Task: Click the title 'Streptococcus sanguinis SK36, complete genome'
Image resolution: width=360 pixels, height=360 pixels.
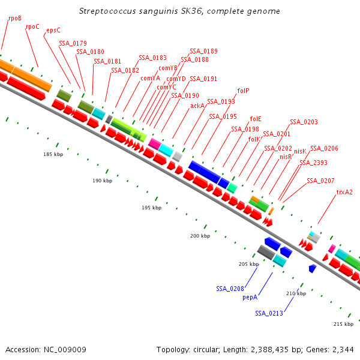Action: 179,11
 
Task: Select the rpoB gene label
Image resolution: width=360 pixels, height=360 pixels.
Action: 15,18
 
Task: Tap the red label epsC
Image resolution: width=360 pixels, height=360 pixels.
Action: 53,30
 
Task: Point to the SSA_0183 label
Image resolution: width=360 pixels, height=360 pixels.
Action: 152,58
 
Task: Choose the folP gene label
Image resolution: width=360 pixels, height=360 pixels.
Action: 243,91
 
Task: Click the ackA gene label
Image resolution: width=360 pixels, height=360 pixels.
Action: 197,106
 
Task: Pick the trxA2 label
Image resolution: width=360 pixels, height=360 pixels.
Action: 344,193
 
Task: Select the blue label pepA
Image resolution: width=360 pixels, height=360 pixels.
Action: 250,297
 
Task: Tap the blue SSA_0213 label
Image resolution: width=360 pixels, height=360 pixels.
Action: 269,313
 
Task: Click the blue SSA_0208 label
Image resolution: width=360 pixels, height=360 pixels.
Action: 230,289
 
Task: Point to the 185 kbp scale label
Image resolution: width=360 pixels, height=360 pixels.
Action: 53,154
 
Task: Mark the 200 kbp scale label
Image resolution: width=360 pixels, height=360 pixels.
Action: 200,236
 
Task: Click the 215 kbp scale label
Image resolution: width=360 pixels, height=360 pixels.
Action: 343,324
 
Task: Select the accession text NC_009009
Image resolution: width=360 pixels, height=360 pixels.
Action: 46,349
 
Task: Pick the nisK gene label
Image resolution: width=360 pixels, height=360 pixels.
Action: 300,151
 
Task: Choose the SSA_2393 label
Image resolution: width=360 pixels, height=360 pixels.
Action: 314,163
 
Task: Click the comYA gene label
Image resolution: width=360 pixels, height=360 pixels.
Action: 150,78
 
